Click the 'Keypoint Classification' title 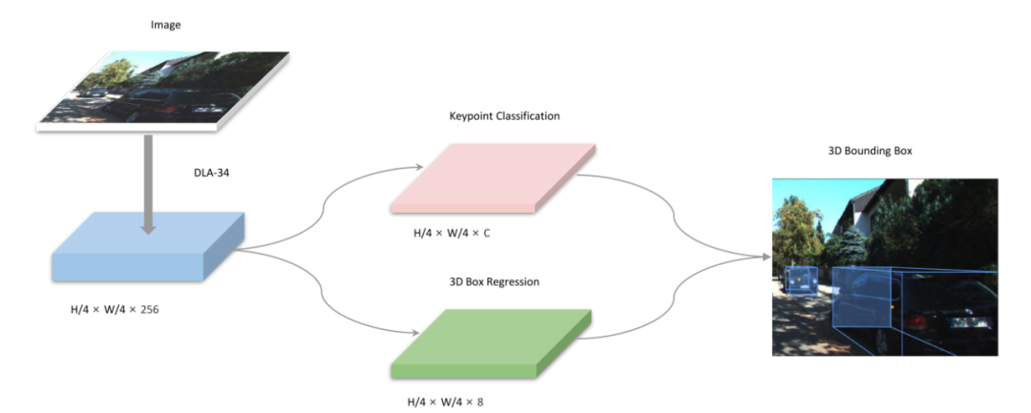click(504, 115)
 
